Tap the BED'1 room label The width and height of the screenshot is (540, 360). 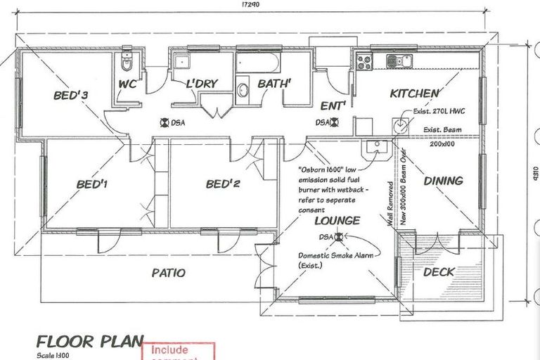pyautogui.click(x=91, y=185)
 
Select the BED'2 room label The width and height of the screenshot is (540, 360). pyautogui.click(x=224, y=185)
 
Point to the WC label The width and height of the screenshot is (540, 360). pyautogui.click(x=131, y=85)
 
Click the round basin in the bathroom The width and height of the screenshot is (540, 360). pyautogui.click(x=243, y=90)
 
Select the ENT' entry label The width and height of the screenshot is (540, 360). pyautogui.click(x=332, y=106)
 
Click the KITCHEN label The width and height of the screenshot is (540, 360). pyautogui.click(x=415, y=93)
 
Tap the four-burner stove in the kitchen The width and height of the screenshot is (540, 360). pyautogui.click(x=364, y=62)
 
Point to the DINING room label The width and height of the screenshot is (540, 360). pyautogui.click(x=443, y=181)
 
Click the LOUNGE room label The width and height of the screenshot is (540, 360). pyautogui.click(x=337, y=221)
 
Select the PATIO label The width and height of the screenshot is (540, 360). pyautogui.click(x=169, y=272)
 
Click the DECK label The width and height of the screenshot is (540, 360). pyautogui.click(x=439, y=271)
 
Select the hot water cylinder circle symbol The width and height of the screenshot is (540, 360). pyautogui.click(x=401, y=126)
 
